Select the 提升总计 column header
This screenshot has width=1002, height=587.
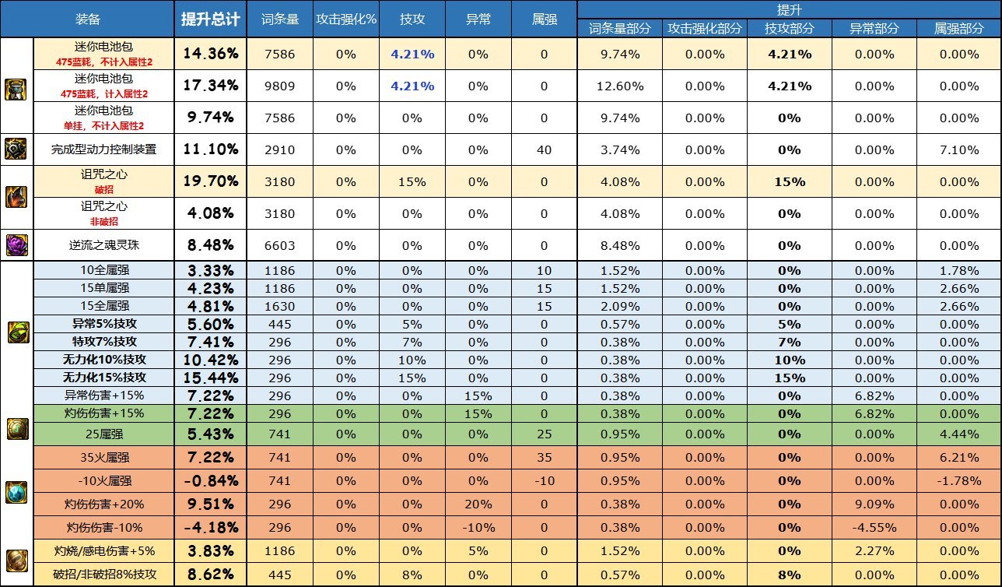pos(210,19)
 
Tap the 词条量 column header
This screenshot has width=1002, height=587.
pos(280,19)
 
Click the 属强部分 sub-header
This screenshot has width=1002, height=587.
pos(958,28)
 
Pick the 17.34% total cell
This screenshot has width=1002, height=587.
pos(210,86)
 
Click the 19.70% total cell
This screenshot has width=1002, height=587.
pos(210,181)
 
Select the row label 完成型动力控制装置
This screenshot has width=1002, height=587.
pos(103,149)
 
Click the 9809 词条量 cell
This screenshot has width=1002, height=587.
pos(280,86)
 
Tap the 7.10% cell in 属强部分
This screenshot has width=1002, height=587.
pos(958,149)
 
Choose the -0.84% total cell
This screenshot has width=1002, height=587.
pos(210,480)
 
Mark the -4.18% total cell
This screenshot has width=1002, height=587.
pos(210,527)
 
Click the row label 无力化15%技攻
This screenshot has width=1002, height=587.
pos(103,378)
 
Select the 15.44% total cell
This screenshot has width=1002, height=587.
pos(210,378)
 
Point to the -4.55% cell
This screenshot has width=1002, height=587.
pos(874,527)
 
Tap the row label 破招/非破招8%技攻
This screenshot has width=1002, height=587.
pos(103,575)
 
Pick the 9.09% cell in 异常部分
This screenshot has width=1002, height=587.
pos(874,504)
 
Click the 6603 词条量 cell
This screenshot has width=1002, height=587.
pos(280,244)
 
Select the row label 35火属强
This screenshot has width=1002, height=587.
pos(103,457)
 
